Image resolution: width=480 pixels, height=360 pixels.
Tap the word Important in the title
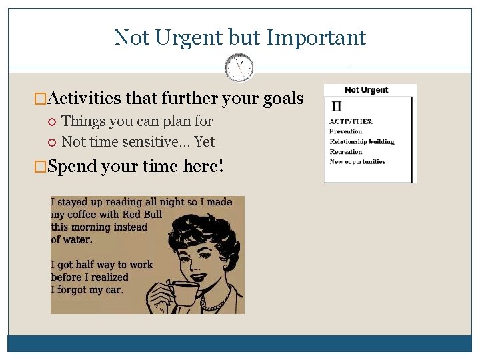click(x=316, y=37)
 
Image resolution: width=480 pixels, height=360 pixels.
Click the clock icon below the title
click(x=239, y=67)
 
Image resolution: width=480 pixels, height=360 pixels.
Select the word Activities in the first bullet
click(x=85, y=99)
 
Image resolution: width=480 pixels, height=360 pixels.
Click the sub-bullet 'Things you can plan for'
click(x=137, y=121)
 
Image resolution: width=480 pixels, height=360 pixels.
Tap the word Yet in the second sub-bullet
click(x=205, y=141)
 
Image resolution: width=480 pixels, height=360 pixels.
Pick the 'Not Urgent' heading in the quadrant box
click(x=366, y=90)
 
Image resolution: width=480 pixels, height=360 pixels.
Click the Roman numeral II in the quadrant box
click(x=337, y=107)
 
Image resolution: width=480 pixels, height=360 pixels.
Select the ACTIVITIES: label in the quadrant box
click(x=351, y=121)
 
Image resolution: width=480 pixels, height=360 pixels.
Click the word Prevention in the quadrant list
click(x=346, y=131)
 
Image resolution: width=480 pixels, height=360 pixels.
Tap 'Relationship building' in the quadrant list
click(x=362, y=141)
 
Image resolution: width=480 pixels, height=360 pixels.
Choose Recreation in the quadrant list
click(x=346, y=151)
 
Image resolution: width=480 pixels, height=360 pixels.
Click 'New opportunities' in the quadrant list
click(x=357, y=161)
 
